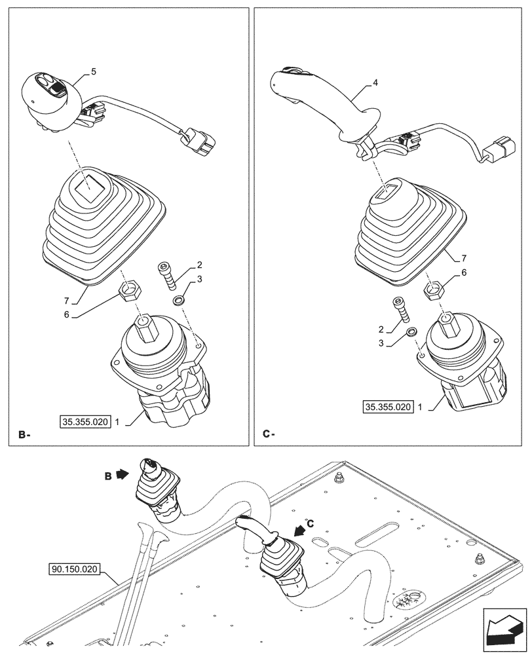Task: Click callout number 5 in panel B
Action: click(94, 72)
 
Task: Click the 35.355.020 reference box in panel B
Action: click(85, 422)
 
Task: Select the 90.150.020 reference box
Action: click(73, 569)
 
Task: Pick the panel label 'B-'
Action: click(24, 434)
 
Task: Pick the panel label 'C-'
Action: click(269, 434)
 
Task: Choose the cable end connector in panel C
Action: click(499, 150)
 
